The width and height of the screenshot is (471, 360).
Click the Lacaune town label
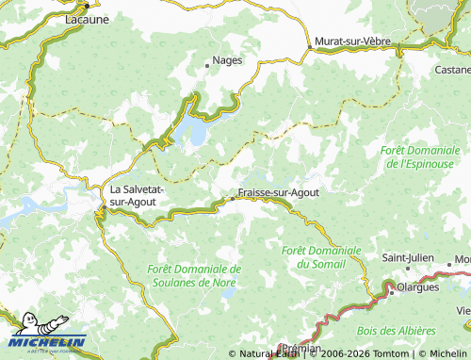click(x=86, y=18)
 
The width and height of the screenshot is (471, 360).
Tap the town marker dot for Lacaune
click(x=86, y=5)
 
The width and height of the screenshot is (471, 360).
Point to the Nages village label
click(x=228, y=60)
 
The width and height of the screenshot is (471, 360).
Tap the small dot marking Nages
click(x=206, y=66)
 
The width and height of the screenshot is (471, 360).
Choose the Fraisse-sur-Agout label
click(x=278, y=192)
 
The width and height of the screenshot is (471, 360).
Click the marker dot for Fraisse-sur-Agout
click(x=233, y=198)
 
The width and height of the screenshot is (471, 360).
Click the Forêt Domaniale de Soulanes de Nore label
click(x=194, y=275)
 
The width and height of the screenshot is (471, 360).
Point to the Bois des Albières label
click(x=397, y=332)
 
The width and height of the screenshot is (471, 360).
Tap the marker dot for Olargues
click(x=391, y=292)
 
